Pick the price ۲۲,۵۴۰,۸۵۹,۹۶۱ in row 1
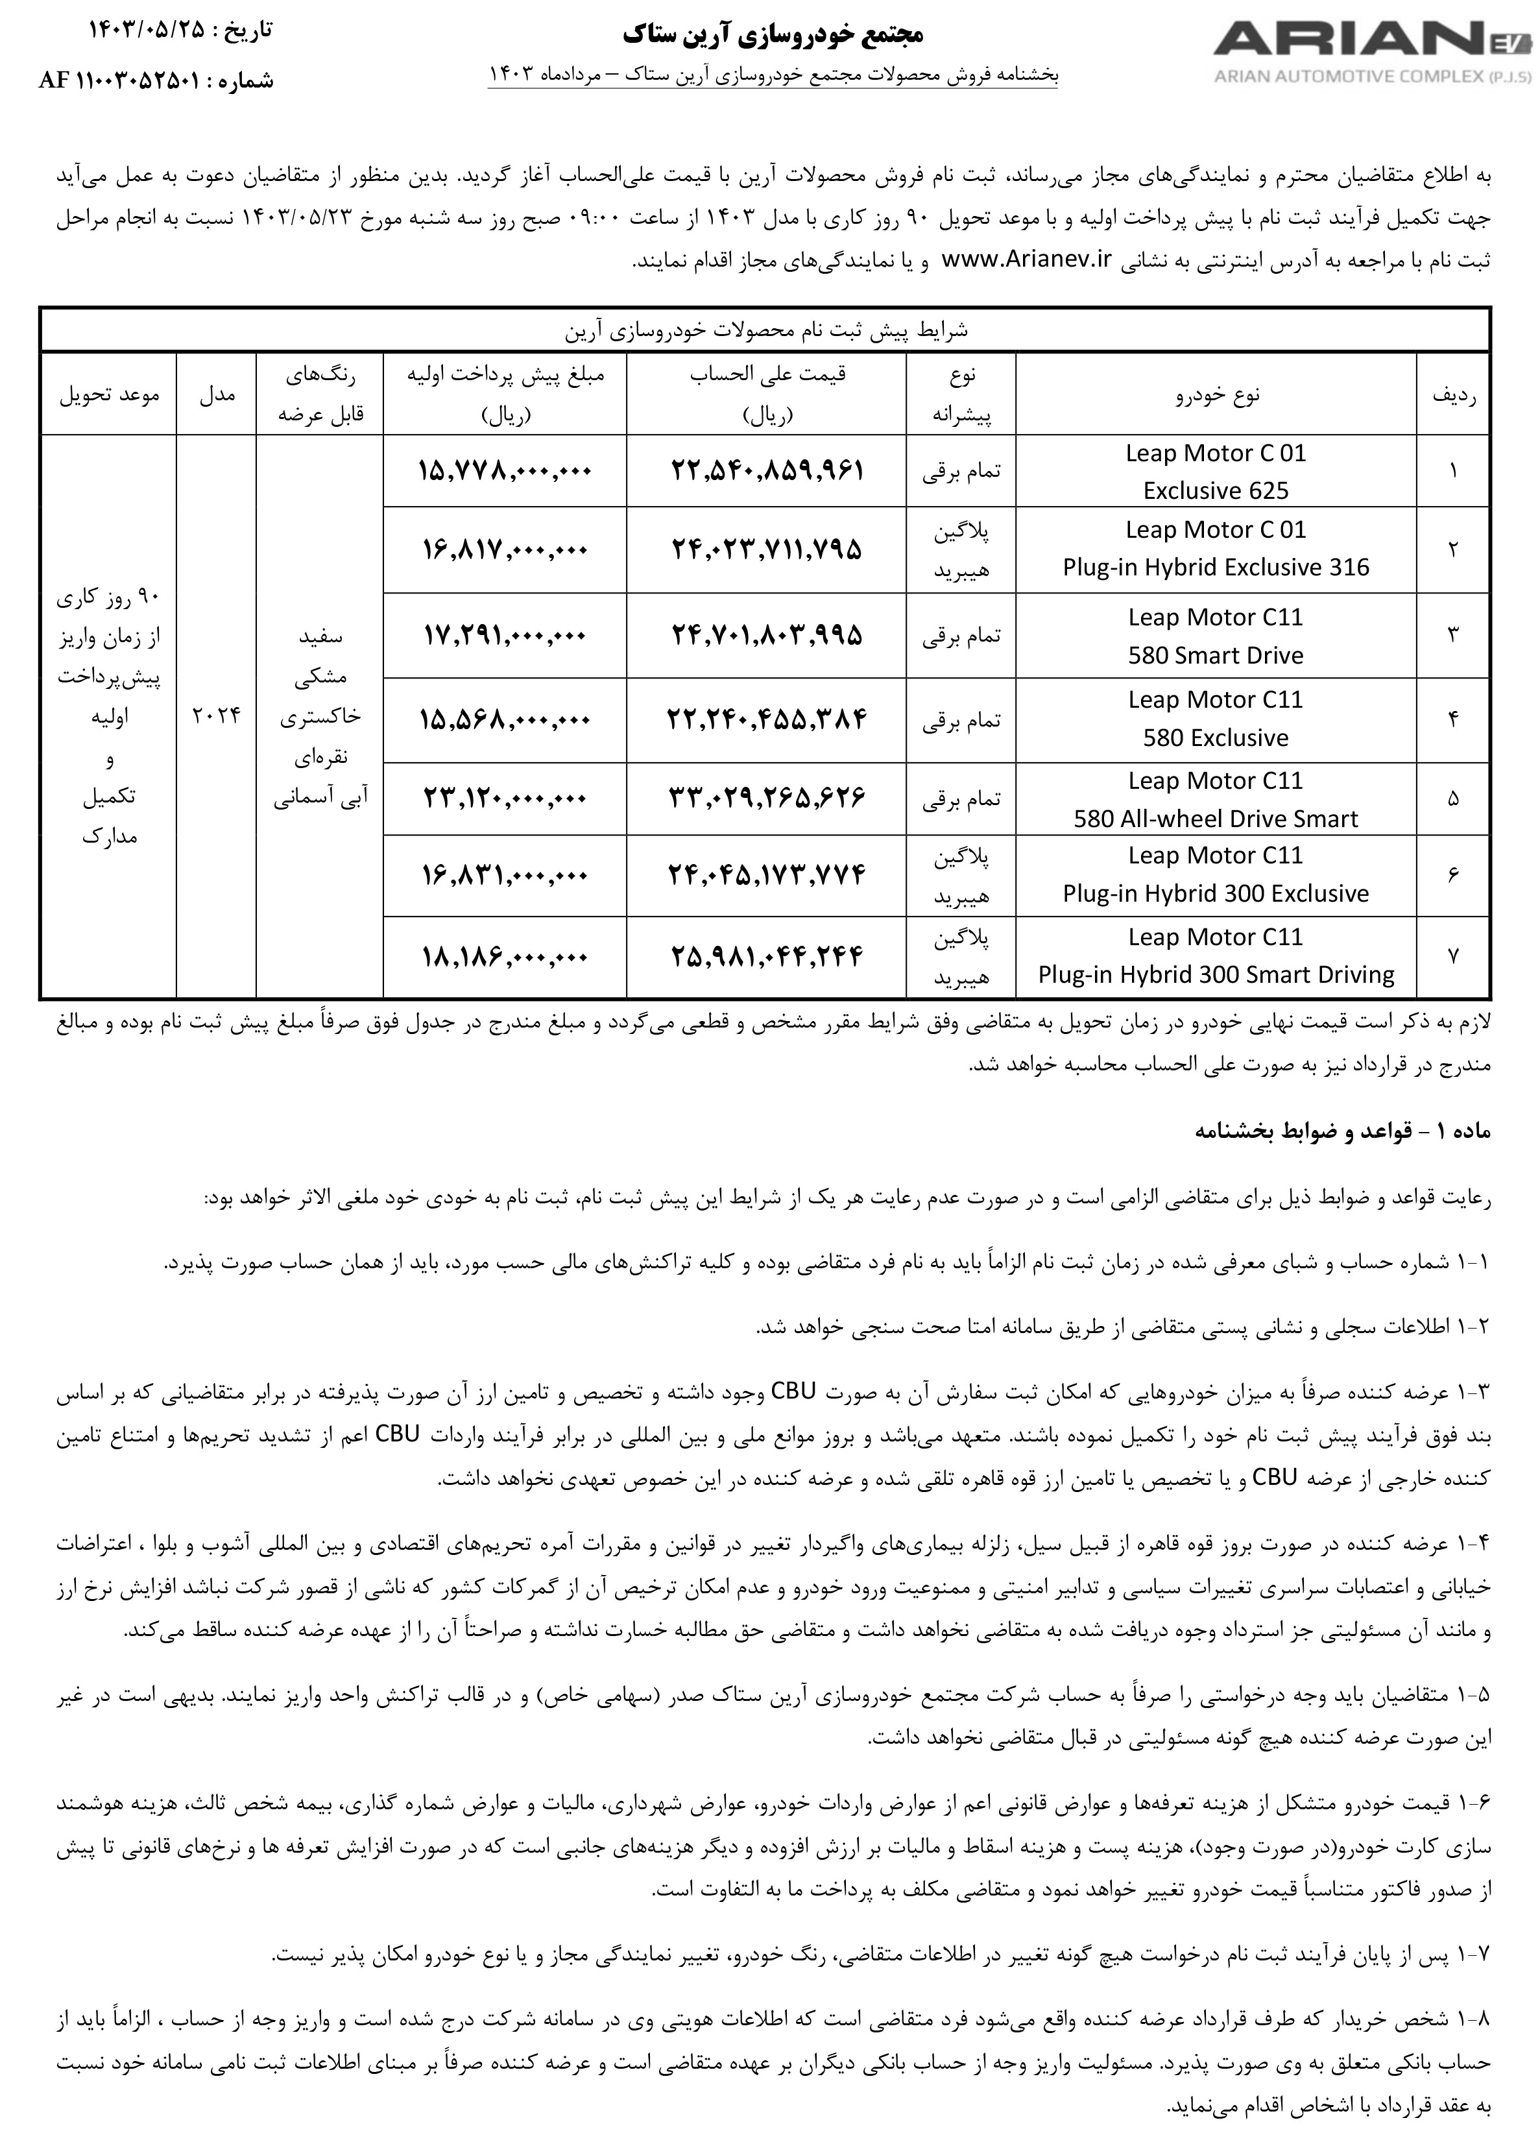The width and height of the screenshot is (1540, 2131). [767, 470]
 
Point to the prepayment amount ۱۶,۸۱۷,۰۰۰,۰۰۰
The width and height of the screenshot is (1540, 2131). [505, 549]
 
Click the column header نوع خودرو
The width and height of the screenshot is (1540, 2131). [1216, 396]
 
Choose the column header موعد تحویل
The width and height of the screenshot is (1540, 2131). [110, 396]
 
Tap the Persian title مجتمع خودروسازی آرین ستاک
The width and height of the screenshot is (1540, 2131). [773, 35]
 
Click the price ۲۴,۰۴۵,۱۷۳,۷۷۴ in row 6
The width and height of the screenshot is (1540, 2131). [767, 874]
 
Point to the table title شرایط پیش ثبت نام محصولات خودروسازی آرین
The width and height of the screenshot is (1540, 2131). [765, 331]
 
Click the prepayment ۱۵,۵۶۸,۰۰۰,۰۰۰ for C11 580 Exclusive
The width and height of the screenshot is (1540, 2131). [505, 719]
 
